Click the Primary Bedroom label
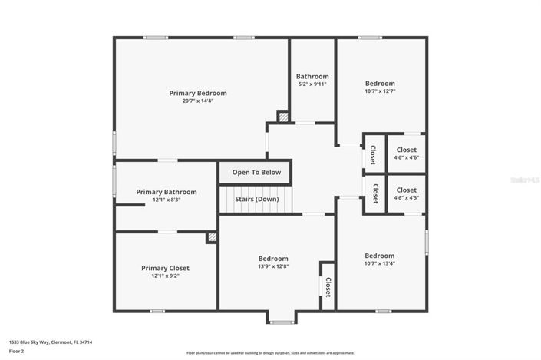point(198,93)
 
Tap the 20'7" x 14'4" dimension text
point(198,101)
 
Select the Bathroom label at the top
point(312,76)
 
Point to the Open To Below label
point(256,172)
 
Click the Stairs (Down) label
point(256,200)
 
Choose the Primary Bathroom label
point(167,192)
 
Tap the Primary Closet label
point(165,268)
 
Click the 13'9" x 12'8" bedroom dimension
point(273,266)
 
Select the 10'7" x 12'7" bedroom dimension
point(380,91)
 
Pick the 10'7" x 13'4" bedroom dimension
point(380,263)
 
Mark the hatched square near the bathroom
point(283,117)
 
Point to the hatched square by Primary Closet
point(212,238)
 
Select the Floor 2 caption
point(17,351)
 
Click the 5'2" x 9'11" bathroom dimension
point(312,84)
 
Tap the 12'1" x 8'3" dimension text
point(167,200)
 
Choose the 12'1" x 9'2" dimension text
point(165,276)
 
